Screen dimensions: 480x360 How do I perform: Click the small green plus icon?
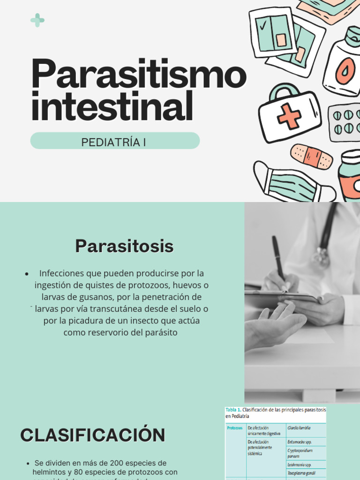coord(37,20)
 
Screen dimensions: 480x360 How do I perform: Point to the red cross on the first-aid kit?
coord(289,116)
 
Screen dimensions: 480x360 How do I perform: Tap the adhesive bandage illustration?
coord(312,157)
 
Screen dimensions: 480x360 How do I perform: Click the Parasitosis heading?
coord(124,246)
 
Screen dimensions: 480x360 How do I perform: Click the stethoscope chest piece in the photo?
coord(322,256)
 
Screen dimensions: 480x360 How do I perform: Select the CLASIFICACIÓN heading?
coord(92,435)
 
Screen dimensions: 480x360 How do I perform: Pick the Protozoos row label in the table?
coord(234,427)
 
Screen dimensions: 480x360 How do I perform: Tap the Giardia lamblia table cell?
coord(299,427)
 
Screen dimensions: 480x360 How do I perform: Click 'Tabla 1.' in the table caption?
coord(233,410)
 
